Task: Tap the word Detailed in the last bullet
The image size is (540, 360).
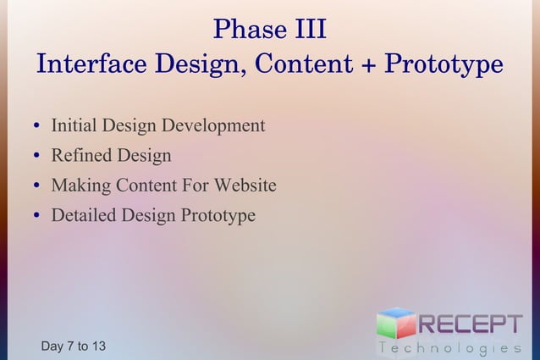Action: coord(83,215)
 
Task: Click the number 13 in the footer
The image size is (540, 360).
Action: coord(98,346)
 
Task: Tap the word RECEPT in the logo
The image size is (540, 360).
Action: coord(470,324)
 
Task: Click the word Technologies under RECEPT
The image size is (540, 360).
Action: coord(449,347)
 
